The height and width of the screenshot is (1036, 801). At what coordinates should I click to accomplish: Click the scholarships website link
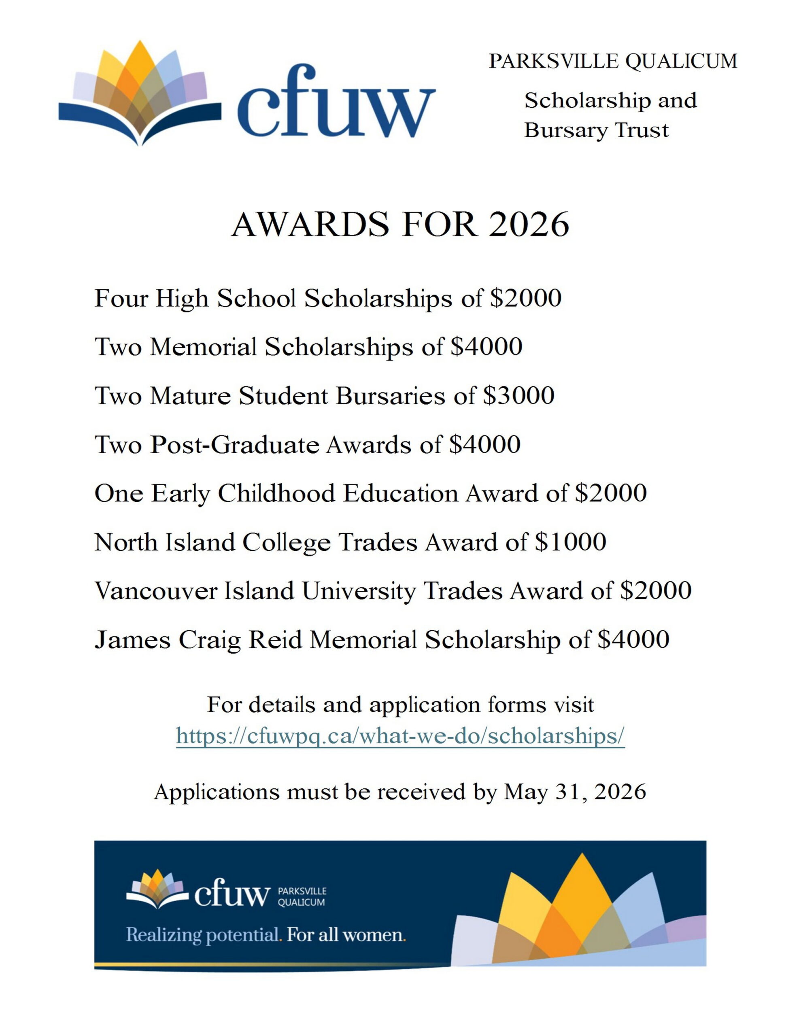tap(400, 736)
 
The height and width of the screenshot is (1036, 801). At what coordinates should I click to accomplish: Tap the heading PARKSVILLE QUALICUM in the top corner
tap(613, 62)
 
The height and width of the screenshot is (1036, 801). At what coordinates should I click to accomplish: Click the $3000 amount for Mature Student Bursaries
tap(518, 395)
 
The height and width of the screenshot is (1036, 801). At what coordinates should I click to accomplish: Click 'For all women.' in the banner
tap(346, 935)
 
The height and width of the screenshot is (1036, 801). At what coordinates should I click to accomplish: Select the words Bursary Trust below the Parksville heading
tap(596, 130)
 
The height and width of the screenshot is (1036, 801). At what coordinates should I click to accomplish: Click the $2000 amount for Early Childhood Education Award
tap(610, 493)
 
